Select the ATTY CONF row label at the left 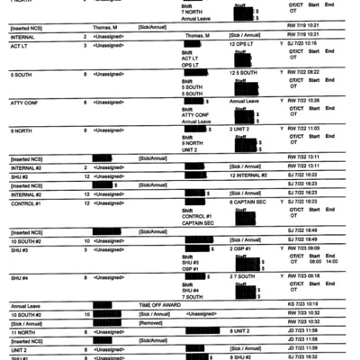tap(22, 103)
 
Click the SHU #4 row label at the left tap(19, 278)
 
